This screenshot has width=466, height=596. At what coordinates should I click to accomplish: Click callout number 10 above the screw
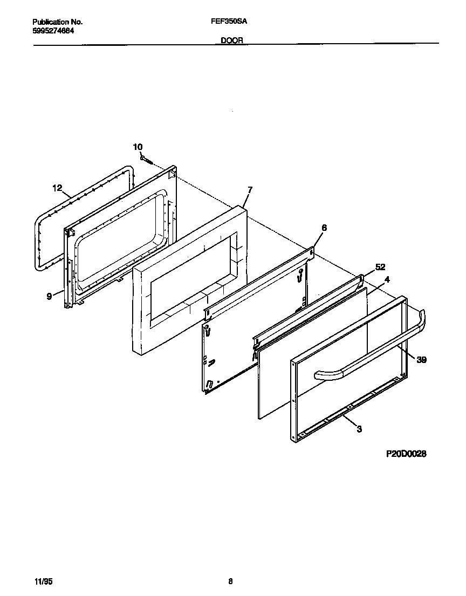[138, 147]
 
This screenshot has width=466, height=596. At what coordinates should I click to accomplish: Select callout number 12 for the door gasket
[58, 188]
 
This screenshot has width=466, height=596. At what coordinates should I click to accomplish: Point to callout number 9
[49, 296]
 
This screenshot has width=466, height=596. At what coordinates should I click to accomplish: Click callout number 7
[250, 189]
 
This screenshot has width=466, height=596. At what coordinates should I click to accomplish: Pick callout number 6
[324, 228]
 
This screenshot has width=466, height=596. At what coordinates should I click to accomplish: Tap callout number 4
[387, 280]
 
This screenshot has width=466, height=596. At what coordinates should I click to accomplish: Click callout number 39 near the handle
[422, 360]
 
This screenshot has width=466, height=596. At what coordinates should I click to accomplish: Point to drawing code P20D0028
[406, 454]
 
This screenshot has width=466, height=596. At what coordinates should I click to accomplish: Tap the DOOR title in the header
[232, 40]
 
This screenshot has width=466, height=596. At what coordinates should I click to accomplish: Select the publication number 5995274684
[53, 31]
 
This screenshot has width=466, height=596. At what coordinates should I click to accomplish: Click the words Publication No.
[57, 22]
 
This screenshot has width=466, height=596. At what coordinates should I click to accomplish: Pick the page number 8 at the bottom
[230, 581]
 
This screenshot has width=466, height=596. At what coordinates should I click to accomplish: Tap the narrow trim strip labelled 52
[307, 309]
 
